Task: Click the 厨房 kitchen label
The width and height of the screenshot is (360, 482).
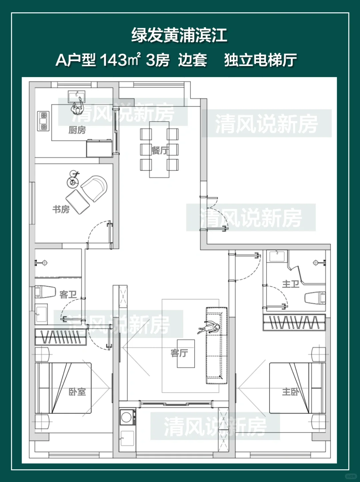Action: [77, 130]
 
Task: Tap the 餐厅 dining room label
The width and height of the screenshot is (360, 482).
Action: [160, 150]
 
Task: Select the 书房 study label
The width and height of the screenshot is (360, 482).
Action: [61, 209]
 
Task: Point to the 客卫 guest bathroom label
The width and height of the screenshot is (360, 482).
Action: [68, 294]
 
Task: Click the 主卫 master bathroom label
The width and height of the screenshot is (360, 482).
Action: [291, 284]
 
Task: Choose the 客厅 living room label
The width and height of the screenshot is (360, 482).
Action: [179, 353]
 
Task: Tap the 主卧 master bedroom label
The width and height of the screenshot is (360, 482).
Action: [291, 392]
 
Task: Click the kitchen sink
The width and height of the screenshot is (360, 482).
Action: [76, 97]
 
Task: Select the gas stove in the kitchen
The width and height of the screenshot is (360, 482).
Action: [43, 121]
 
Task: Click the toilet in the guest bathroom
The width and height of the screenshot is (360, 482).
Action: [45, 291]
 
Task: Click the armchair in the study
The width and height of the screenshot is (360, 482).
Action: [94, 188]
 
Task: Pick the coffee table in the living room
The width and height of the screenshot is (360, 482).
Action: [186, 354]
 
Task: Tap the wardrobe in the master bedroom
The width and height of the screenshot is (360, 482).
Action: [294, 323]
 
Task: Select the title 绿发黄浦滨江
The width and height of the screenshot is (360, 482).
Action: [179, 35]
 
